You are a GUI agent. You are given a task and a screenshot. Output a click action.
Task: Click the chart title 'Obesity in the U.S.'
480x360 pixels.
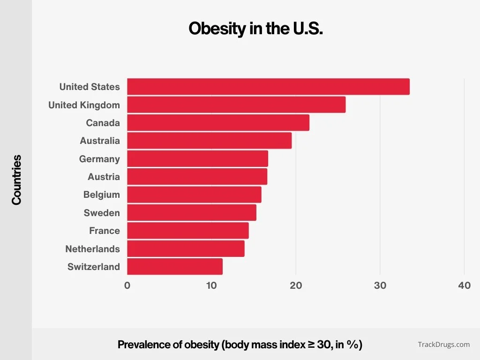(255, 29)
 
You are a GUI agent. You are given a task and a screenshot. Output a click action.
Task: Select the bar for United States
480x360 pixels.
(268, 87)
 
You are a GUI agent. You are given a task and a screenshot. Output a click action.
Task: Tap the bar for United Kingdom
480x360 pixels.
(236, 105)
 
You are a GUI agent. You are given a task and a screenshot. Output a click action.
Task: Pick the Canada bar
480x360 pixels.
(218, 123)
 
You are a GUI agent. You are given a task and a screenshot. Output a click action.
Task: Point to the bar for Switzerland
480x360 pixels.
(175, 267)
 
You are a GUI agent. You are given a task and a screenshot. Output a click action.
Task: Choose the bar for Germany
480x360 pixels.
(197, 159)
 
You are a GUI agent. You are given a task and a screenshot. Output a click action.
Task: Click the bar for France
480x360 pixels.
(188, 231)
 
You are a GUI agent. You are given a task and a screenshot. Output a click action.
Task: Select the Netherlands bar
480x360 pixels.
(186, 249)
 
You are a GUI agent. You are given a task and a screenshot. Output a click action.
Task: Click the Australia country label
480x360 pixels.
(100, 141)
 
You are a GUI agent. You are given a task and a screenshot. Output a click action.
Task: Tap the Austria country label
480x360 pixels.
(104, 177)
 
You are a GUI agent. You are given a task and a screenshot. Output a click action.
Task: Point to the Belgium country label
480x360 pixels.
(102, 195)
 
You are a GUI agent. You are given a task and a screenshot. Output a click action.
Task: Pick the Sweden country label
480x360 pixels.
(102, 213)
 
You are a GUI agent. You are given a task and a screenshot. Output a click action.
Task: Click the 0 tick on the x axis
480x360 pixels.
(127, 285)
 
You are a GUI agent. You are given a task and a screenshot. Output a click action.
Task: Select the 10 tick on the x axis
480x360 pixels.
(211, 285)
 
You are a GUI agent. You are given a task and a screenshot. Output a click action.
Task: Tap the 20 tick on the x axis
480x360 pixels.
(296, 285)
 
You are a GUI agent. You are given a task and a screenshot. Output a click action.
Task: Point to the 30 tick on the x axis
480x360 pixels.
(380, 285)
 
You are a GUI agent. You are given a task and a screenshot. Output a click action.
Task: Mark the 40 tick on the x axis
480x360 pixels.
(464, 285)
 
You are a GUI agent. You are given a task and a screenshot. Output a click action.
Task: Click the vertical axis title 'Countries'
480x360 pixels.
(17, 180)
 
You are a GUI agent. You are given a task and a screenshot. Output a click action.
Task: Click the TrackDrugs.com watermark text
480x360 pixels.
(443, 345)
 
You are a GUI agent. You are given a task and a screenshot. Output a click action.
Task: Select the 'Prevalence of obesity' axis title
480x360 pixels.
(240, 345)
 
